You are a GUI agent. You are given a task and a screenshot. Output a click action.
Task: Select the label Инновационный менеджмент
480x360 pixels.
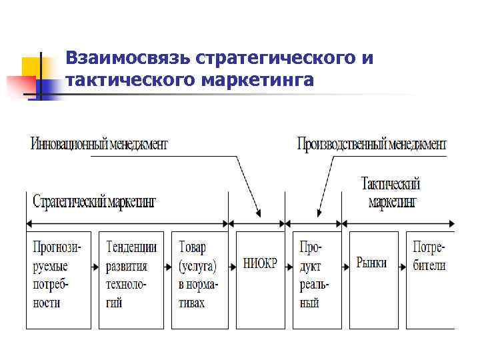coord(99,143)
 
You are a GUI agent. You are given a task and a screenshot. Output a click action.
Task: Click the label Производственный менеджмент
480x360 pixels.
coord(371,143)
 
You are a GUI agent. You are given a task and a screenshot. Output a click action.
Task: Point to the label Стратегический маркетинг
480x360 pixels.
coord(94,201)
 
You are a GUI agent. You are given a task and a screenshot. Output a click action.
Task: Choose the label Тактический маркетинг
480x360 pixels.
coord(391,192)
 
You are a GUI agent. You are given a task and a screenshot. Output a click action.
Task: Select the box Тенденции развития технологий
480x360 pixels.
coord(131,279)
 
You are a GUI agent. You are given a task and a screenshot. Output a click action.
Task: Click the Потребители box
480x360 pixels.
coord(430,279)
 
